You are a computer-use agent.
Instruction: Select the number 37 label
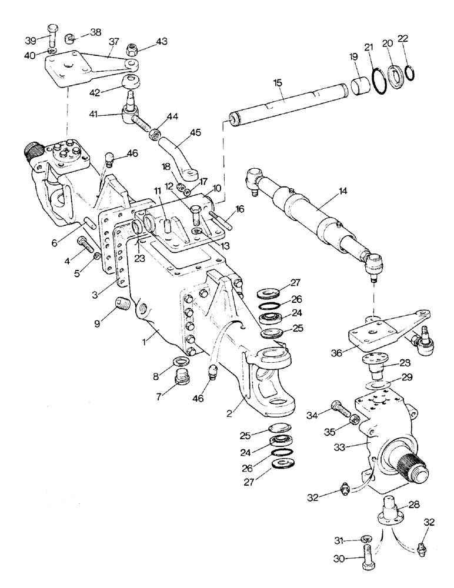(113, 41)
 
